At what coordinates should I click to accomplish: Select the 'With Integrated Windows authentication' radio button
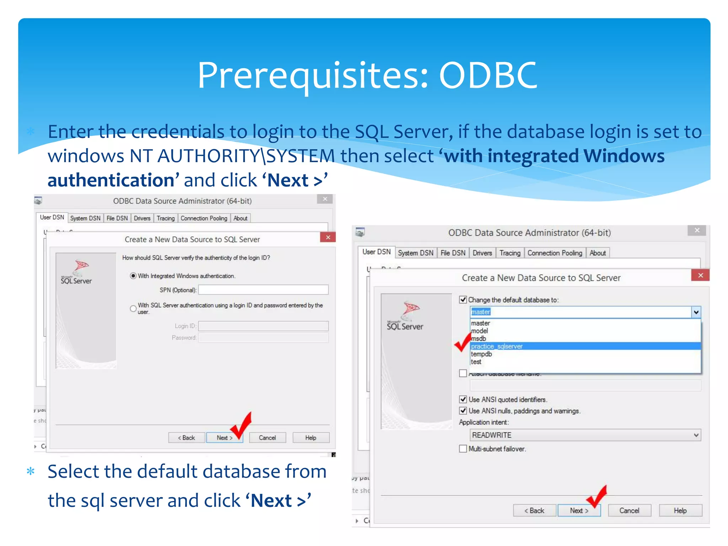coord(133,276)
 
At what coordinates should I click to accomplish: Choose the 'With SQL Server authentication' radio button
coord(133,309)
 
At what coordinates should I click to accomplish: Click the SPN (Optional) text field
coord(263,290)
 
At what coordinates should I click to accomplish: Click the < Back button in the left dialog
coord(187,438)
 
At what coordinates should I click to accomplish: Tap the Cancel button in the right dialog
coord(629,510)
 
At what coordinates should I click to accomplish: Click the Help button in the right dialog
coord(680,510)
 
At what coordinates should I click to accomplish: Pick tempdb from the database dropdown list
coord(482,354)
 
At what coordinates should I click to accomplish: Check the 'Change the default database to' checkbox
coord(463,300)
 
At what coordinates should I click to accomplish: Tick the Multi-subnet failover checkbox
coord(463,449)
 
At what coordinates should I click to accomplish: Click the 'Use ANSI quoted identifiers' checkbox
coord(463,399)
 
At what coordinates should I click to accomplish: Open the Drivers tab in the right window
coord(482,253)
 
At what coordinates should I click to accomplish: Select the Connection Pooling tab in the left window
coord(204,218)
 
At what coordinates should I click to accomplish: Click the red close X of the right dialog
coord(700,275)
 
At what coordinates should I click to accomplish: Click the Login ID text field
coord(263,326)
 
